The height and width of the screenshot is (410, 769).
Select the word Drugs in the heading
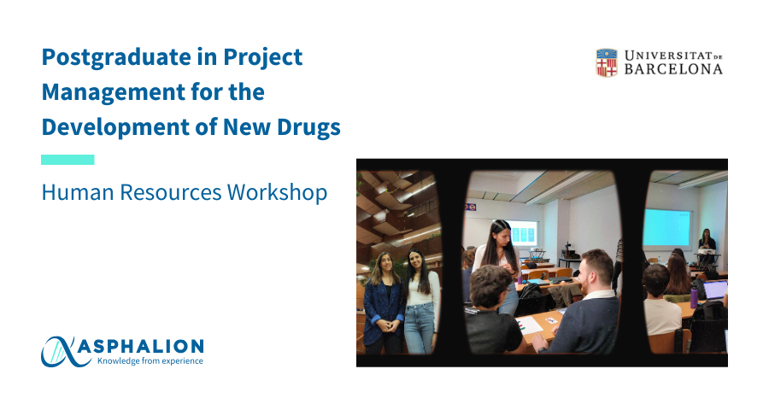pos(308,128)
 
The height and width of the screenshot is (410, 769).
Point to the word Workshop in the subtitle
pos(277,192)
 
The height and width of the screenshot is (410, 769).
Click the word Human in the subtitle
pos(78,192)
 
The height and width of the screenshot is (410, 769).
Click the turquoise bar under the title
pos(68,160)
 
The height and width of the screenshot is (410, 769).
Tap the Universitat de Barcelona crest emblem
pos(607,62)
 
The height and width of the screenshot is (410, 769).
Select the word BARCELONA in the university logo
pos(673,69)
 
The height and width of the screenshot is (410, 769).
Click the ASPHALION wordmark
pos(141,346)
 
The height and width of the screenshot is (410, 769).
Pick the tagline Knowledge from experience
pos(150,361)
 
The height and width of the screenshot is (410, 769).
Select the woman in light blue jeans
pos(421,302)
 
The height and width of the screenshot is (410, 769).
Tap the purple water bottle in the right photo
pos(694,298)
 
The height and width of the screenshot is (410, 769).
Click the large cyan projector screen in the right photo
pos(666,227)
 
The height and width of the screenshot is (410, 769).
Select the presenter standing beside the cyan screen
pos(707,241)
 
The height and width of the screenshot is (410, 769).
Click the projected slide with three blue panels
pos(523,233)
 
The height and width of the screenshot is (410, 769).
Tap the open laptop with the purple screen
pos(714,290)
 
